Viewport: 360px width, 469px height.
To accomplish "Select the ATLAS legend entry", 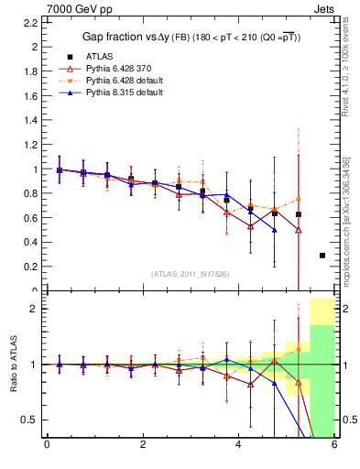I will pyautogui.click(x=99, y=56).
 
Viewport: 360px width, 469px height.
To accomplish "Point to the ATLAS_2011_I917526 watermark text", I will pyautogui.click(x=191, y=274).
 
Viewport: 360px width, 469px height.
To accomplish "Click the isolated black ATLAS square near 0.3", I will pyautogui.click(x=322, y=256).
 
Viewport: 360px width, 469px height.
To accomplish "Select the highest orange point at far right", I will pyautogui.click(x=299, y=199).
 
